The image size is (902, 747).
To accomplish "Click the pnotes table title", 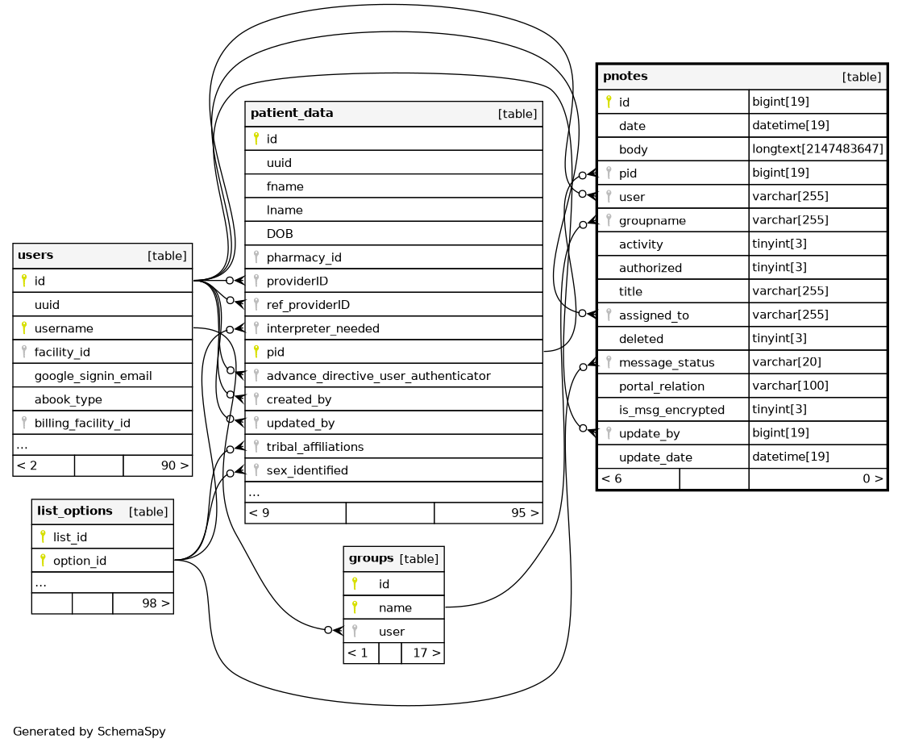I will (x=626, y=77).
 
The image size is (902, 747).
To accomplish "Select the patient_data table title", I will (x=292, y=114).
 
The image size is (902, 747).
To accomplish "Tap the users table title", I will (x=35, y=256).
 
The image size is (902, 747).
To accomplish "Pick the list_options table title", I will (x=74, y=511).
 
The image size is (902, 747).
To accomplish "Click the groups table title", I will (x=371, y=558).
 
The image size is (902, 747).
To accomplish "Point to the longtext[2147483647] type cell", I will (x=817, y=149).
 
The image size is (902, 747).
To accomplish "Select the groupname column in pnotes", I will (x=652, y=220).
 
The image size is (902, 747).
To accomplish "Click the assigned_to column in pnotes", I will (x=654, y=315).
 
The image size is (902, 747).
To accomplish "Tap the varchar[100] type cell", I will (x=790, y=386).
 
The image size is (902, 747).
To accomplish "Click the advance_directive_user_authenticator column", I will (x=378, y=376).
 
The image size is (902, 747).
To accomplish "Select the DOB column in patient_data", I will (x=280, y=234).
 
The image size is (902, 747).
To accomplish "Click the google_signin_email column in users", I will (x=93, y=376).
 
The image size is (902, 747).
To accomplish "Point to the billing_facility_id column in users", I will (x=82, y=424).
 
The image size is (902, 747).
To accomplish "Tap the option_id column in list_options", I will (x=79, y=561).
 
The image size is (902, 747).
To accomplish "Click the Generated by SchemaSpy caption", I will (x=89, y=732).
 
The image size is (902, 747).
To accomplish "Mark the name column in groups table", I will (x=395, y=607).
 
